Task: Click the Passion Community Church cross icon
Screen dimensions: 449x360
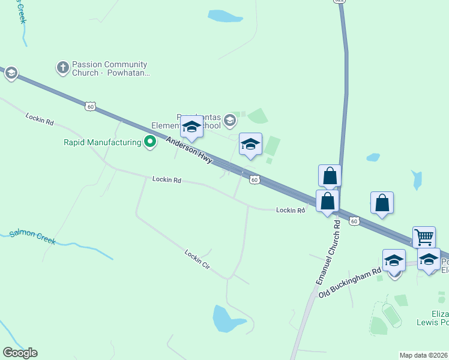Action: coord(62,68)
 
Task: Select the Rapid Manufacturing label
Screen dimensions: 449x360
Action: coord(103,142)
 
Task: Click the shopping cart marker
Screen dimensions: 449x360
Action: coord(424,236)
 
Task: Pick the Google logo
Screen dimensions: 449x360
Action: coord(20,353)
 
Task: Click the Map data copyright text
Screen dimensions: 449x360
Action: coord(423,355)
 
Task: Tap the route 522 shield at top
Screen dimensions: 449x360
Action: coord(339,2)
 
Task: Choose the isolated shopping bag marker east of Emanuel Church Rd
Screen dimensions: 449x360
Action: coord(382,203)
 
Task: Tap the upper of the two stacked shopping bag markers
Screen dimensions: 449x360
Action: coord(330,176)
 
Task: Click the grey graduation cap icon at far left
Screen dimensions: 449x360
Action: coord(11,73)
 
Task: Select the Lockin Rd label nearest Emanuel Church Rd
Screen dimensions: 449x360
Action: coord(291,210)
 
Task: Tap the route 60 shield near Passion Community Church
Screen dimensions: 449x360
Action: coord(89,106)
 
